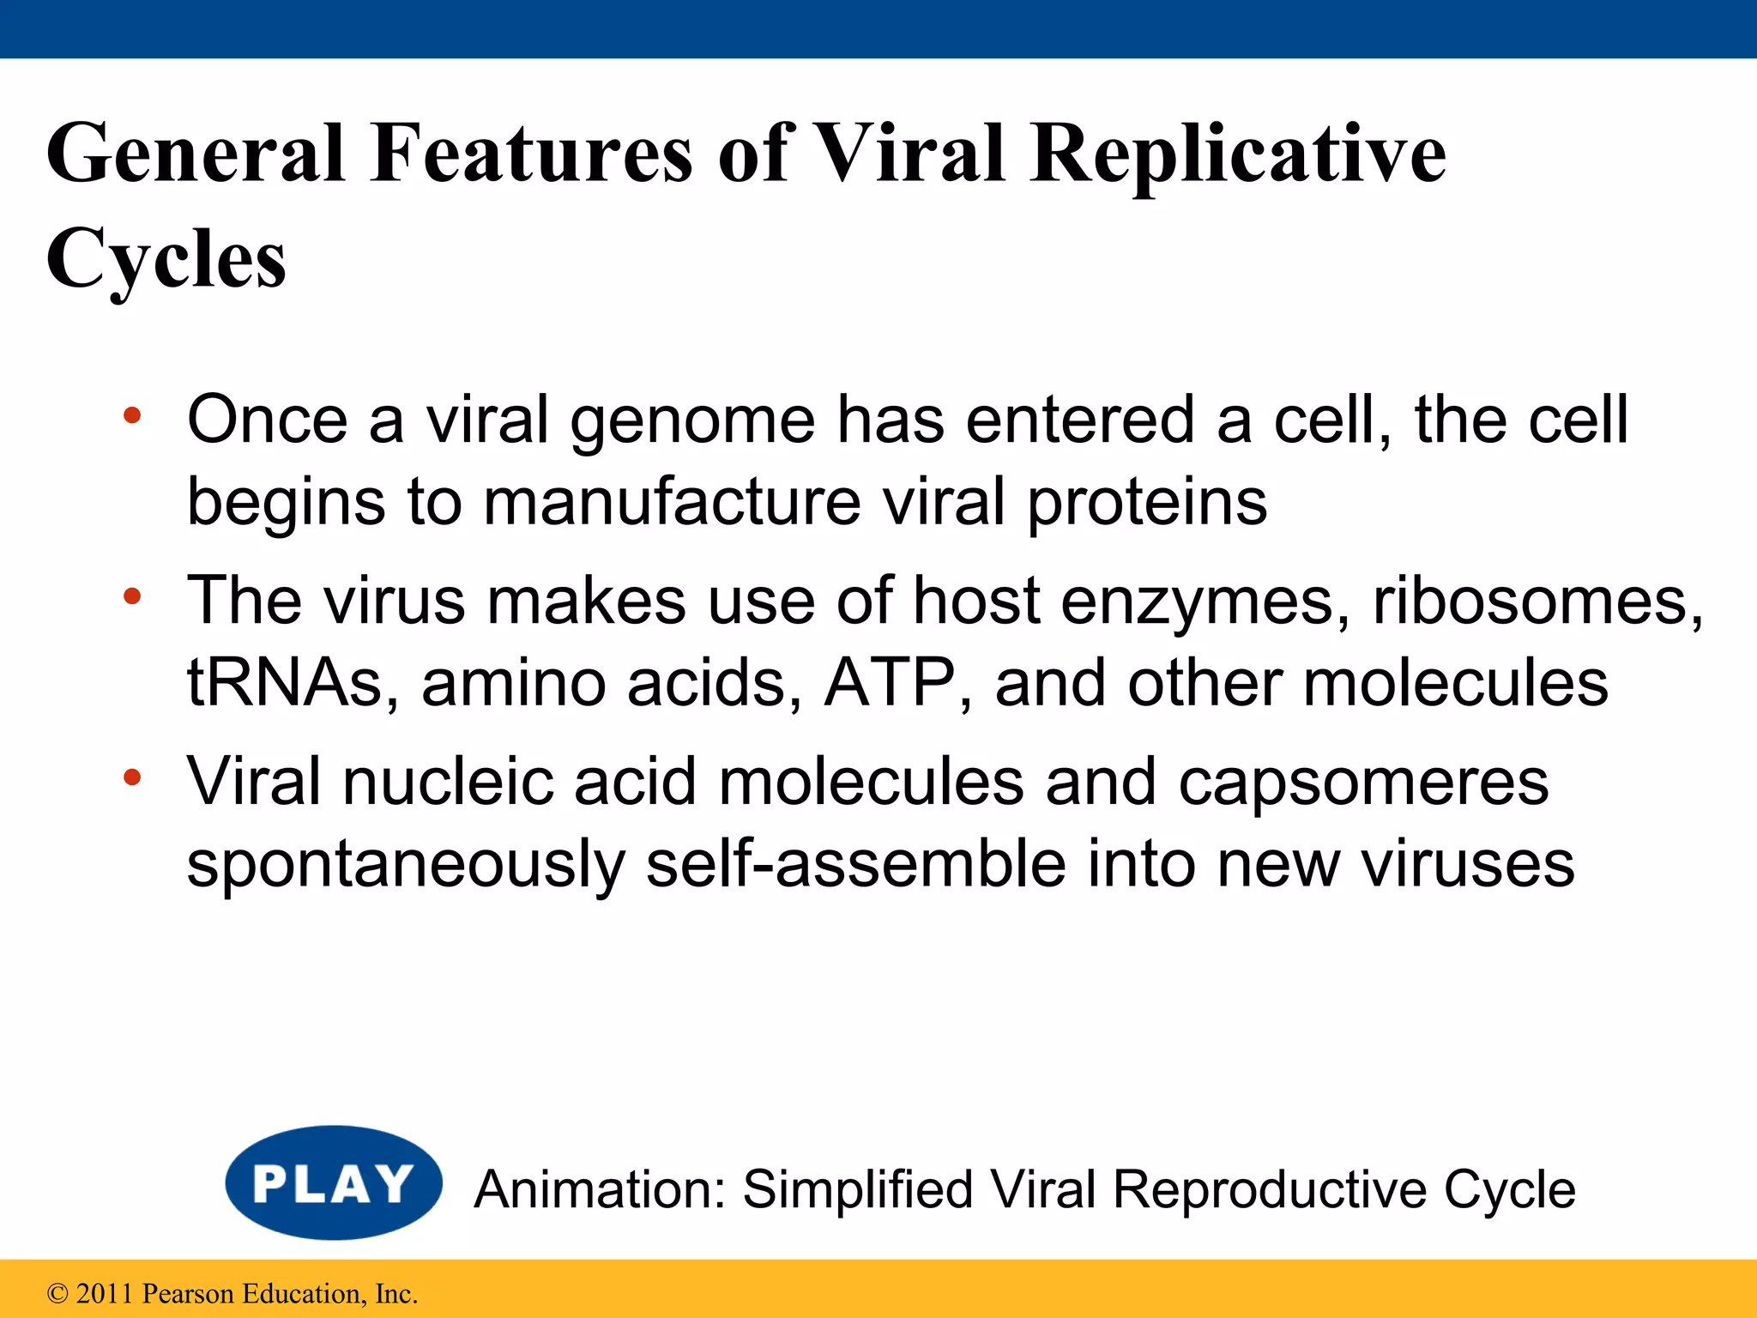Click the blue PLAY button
coord(334,1182)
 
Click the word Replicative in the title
coord(1237,154)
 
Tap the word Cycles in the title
coord(166,259)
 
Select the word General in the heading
coord(196,154)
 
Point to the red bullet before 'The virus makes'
coord(131,596)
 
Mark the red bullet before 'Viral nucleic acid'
coord(131,777)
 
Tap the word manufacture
coord(672,502)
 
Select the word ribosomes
coord(1537,601)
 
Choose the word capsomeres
coord(1363,783)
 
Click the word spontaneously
coord(406,865)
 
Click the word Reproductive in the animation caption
coord(1269,1190)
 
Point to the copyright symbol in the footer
coord(57,1294)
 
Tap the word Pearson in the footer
coord(188,1294)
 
